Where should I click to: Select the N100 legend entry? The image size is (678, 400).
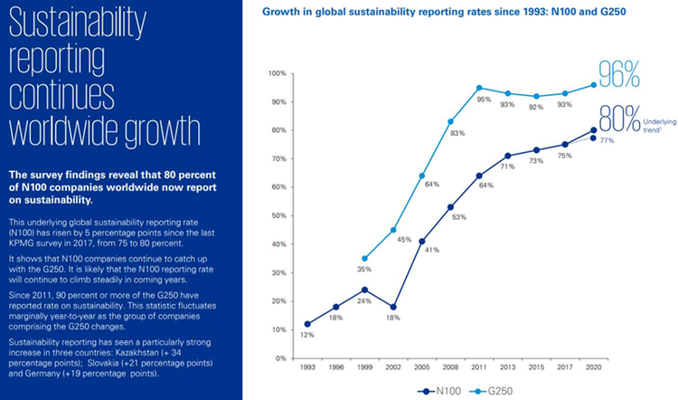[x=437, y=392]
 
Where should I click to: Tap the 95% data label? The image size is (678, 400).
[x=485, y=100]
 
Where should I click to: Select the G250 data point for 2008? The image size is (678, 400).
[x=450, y=121]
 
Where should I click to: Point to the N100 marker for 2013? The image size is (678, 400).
[x=509, y=156]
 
